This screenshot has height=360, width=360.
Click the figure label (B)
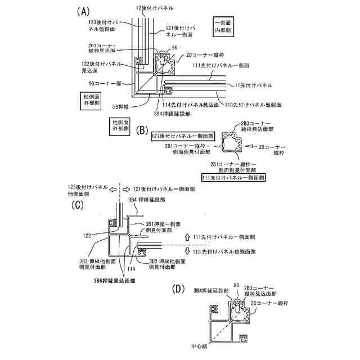pyautogui.click(x=142, y=130)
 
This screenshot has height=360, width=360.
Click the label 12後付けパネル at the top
pyautogui.click(x=155, y=9)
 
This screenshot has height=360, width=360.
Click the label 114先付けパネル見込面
pyautogui.click(x=190, y=105)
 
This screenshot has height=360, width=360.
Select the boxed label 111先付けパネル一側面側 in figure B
pyautogui.click(x=233, y=177)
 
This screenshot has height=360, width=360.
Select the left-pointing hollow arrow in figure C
pyautogui.click(x=112, y=190)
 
